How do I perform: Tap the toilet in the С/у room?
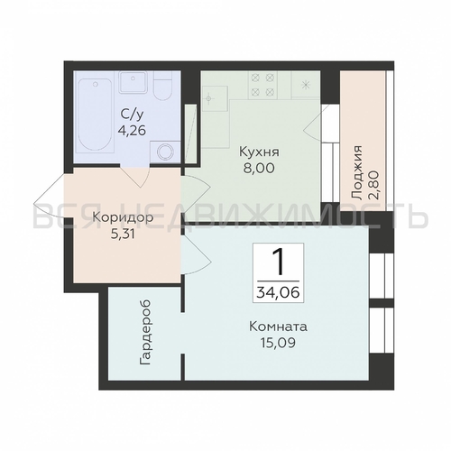pos(162,86)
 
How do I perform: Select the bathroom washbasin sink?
pos(133,82)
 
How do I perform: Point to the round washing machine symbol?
pos(165,152)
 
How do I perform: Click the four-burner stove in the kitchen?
pos(262,85)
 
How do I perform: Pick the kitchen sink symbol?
pos(215,98)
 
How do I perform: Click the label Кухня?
pos(259,152)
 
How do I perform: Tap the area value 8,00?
pos(259,168)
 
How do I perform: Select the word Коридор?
pos(123,217)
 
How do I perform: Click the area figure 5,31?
pos(123,234)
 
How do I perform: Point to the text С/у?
pos(133,115)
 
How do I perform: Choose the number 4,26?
pos(133,130)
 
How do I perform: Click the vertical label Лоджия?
pos(357,172)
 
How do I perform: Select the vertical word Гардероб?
pos(145,333)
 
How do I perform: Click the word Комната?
pos(278,327)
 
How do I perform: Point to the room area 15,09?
pos(278,343)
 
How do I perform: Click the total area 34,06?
pos(278,291)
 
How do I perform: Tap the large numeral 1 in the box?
pos(278,262)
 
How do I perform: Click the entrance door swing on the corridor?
pos(49,198)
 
